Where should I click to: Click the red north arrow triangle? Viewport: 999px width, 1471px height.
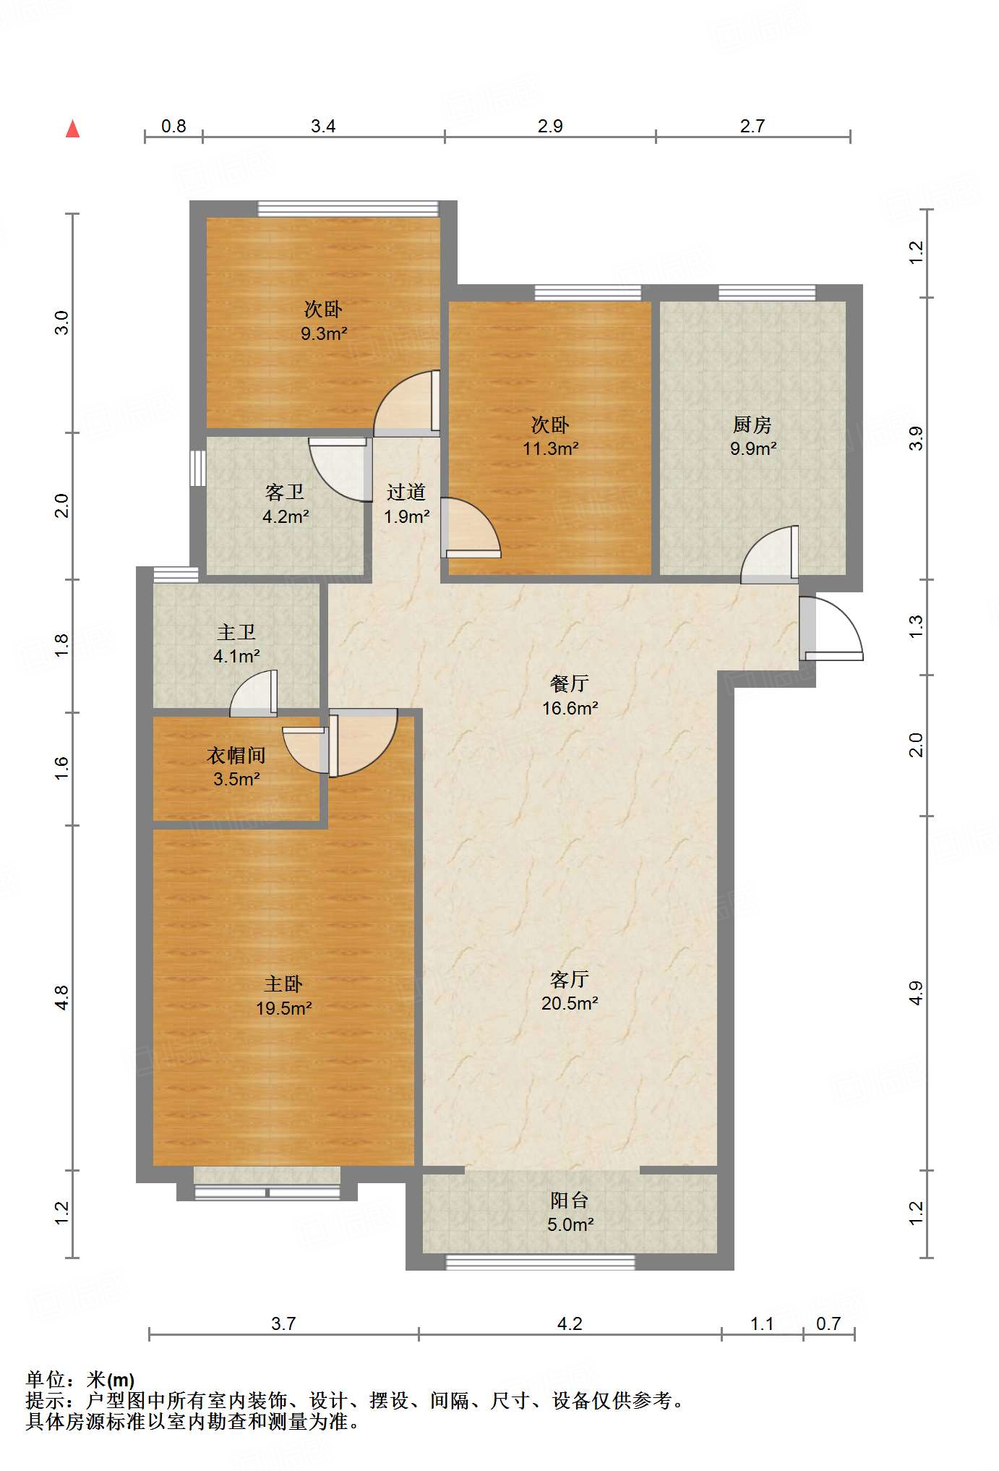[72, 129]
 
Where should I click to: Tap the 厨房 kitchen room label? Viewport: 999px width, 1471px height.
[753, 425]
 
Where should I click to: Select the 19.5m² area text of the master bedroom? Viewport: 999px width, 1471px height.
[283, 1008]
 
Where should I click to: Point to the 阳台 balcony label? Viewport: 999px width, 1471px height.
[570, 1201]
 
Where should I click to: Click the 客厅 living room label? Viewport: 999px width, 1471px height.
[570, 979]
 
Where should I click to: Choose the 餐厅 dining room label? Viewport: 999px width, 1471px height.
[570, 683]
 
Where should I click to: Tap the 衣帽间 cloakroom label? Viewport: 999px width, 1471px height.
[236, 756]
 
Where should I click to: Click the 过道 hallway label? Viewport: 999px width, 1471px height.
[406, 493]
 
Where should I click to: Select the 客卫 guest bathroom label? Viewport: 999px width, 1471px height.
[285, 493]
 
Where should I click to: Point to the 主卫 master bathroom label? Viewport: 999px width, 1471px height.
[236, 632]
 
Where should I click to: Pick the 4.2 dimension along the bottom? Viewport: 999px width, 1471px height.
[570, 1323]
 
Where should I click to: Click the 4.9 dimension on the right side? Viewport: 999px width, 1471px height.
[916, 992]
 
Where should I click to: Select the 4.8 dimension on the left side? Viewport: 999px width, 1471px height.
[62, 997]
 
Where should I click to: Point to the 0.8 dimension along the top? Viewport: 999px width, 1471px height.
[173, 127]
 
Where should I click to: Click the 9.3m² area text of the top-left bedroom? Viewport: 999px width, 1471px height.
[324, 334]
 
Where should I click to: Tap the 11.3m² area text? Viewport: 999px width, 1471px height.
[551, 449]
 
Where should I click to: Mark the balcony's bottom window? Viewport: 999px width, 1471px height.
[541, 1262]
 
